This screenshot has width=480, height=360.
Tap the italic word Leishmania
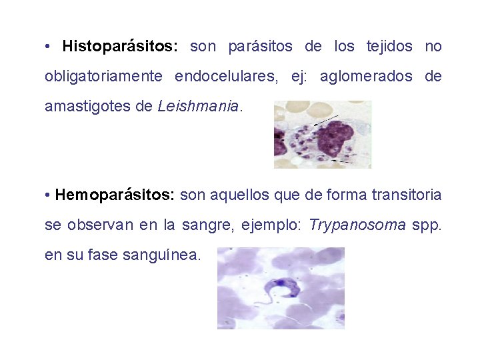tap(198, 106)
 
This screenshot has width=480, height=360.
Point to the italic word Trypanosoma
tap(358, 225)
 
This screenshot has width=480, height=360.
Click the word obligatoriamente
tap(103, 76)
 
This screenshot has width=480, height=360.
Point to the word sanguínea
tap(161, 255)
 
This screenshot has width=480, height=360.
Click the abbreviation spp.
tap(427, 225)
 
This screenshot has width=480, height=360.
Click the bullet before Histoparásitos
tap(49, 47)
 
